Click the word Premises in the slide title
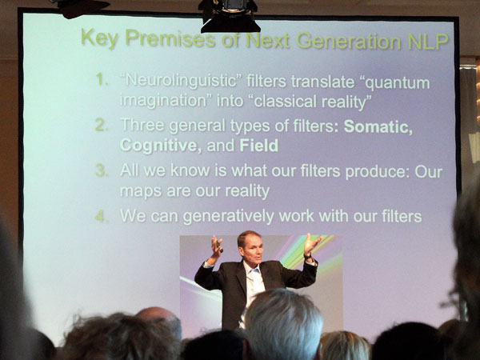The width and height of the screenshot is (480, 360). (170, 39)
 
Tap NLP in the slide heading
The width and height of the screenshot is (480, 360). (428, 42)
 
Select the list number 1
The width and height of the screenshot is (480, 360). (101, 79)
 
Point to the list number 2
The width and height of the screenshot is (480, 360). (102, 125)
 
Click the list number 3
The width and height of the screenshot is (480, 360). (102, 170)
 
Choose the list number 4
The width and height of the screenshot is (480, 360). (102, 216)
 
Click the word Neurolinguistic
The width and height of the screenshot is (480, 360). (182, 81)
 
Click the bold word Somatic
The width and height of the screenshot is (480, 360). (378, 126)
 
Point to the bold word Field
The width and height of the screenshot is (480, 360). (259, 146)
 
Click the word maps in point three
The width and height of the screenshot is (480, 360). (141, 192)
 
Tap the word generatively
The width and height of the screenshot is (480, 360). (228, 217)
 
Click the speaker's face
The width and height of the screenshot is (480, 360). (252, 249)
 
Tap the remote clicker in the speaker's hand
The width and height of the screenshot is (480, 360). (219, 246)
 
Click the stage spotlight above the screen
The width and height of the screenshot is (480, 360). (230, 15)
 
